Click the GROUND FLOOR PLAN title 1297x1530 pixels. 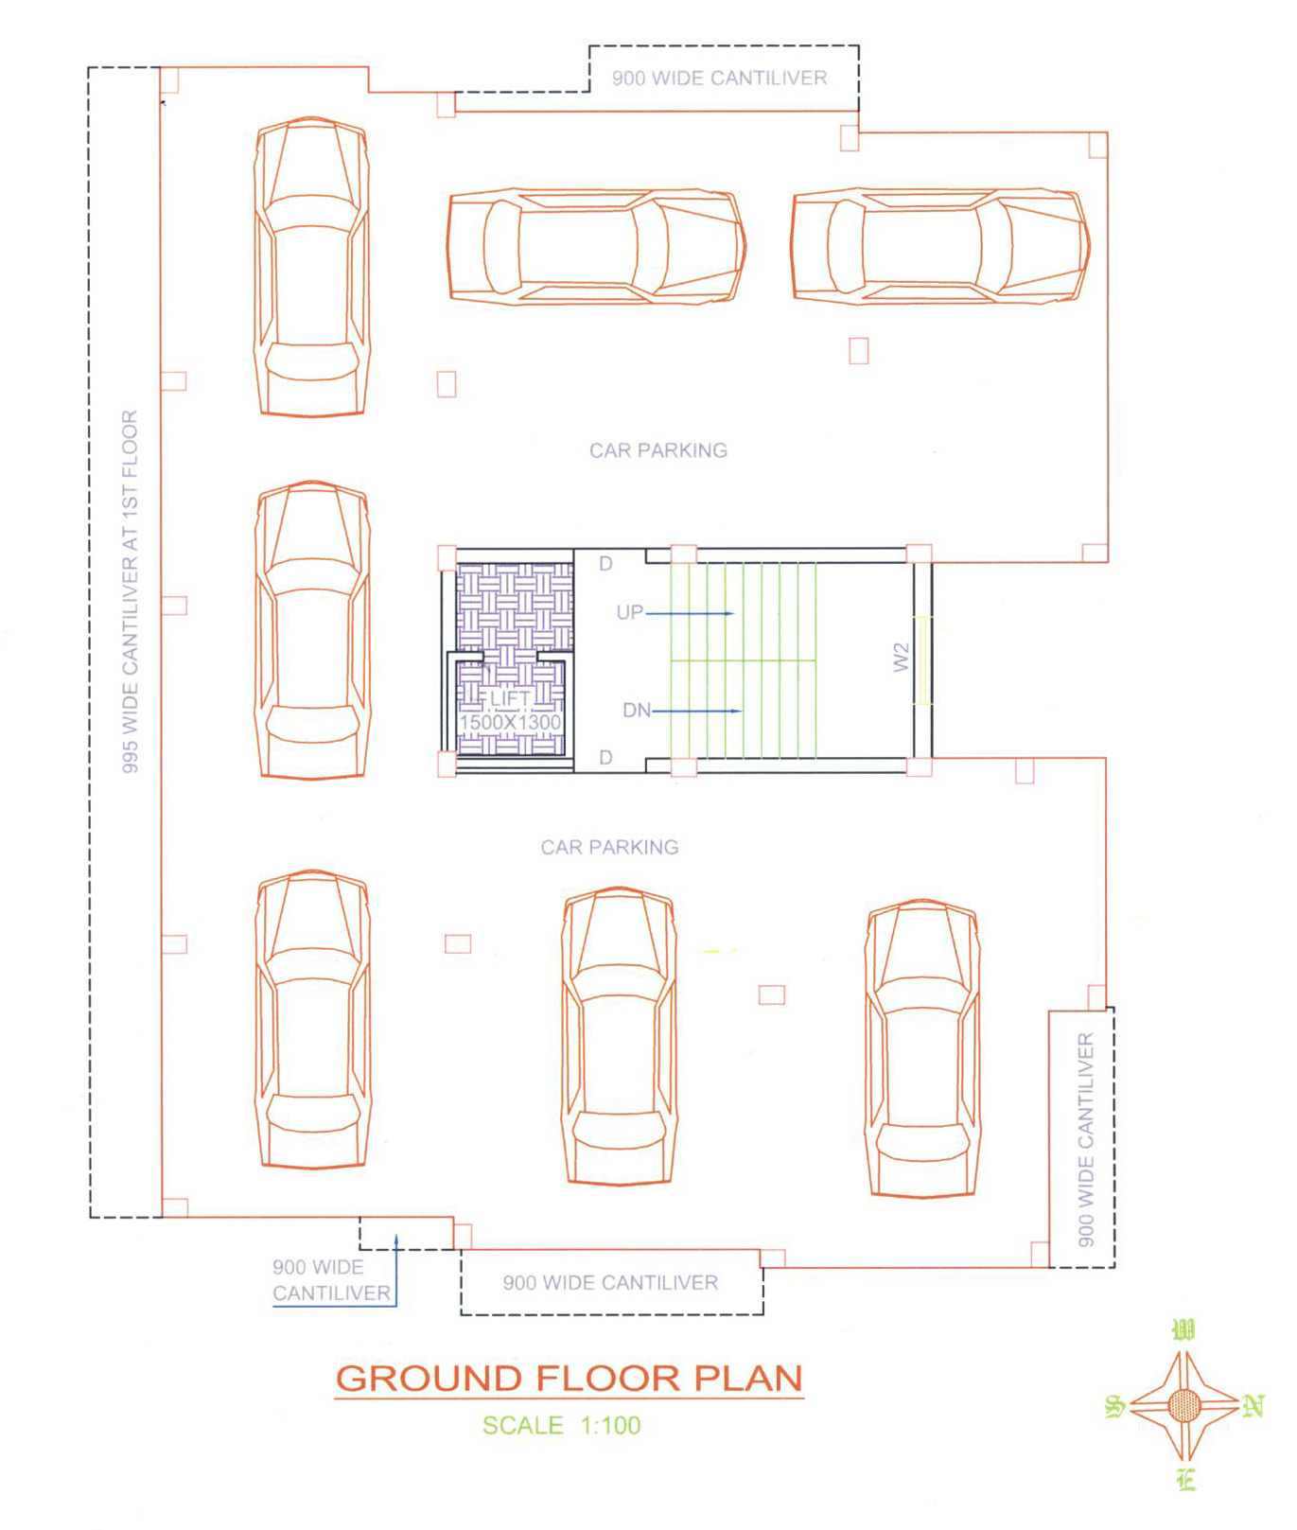[x=570, y=1379]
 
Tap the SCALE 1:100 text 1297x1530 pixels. [x=561, y=1425]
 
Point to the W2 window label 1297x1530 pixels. [x=902, y=658]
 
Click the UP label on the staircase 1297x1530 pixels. [x=630, y=612]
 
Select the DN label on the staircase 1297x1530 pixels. [x=637, y=710]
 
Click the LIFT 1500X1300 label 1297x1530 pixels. [x=510, y=711]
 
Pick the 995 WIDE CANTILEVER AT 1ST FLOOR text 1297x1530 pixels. [x=131, y=591]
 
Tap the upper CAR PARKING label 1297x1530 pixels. [x=658, y=450]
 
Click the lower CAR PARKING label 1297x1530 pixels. [x=609, y=847]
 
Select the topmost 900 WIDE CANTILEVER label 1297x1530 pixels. [x=719, y=78]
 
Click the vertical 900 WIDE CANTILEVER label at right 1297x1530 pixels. [x=1086, y=1139]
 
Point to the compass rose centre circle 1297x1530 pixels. [x=1183, y=1405]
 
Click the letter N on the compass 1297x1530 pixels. [x=1253, y=1406]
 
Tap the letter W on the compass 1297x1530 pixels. [x=1183, y=1330]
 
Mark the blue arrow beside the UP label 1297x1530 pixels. [x=690, y=613]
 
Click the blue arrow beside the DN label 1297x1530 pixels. [x=697, y=711]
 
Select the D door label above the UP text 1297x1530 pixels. [x=606, y=564]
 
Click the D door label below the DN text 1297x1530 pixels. [x=606, y=757]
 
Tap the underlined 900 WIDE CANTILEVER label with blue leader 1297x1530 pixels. [x=331, y=1280]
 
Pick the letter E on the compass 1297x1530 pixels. [x=1187, y=1480]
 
